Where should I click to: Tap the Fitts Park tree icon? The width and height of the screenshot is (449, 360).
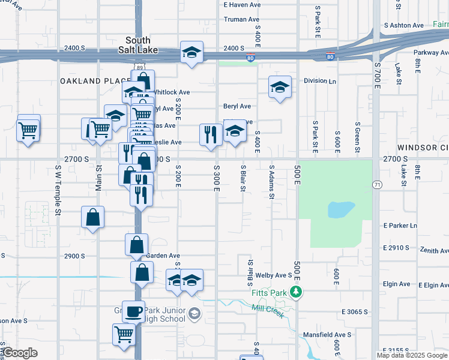(295, 292)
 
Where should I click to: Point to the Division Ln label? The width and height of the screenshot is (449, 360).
(319, 80)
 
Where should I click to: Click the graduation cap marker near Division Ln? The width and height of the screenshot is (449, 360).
(280, 88)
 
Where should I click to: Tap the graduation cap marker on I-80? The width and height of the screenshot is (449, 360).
(191, 52)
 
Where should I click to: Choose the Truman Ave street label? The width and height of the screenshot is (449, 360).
(241, 19)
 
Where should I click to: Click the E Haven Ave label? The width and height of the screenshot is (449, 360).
(241, 4)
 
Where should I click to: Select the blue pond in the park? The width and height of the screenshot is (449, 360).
(340, 210)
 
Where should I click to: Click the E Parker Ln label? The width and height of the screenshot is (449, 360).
(400, 226)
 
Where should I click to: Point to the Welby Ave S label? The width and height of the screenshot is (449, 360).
(273, 275)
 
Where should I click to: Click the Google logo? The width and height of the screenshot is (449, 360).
(20, 353)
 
